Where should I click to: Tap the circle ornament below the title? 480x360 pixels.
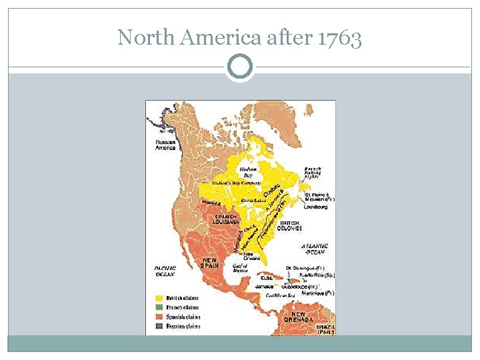pos(240,67)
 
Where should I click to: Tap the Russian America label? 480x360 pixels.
pos(165,145)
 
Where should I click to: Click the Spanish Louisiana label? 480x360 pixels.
pos(227,219)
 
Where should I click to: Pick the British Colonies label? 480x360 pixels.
pos(290,225)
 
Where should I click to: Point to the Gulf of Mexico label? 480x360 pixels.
pos(240,268)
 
